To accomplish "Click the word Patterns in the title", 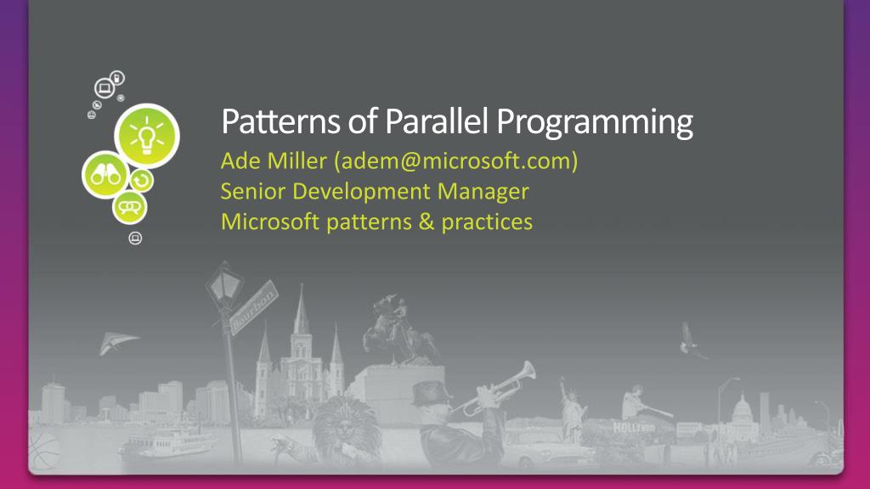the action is [x=280, y=121].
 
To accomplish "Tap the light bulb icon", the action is [x=146, y=136].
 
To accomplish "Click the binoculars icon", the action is [x=105, y=175].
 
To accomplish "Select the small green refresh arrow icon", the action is [x=142, y=180].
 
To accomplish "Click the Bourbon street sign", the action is [x=253, y=307].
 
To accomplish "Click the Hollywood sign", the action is [x=634, y=428].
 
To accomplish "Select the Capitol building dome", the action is [x=742, y=409].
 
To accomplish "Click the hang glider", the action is [x=117, y=342].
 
